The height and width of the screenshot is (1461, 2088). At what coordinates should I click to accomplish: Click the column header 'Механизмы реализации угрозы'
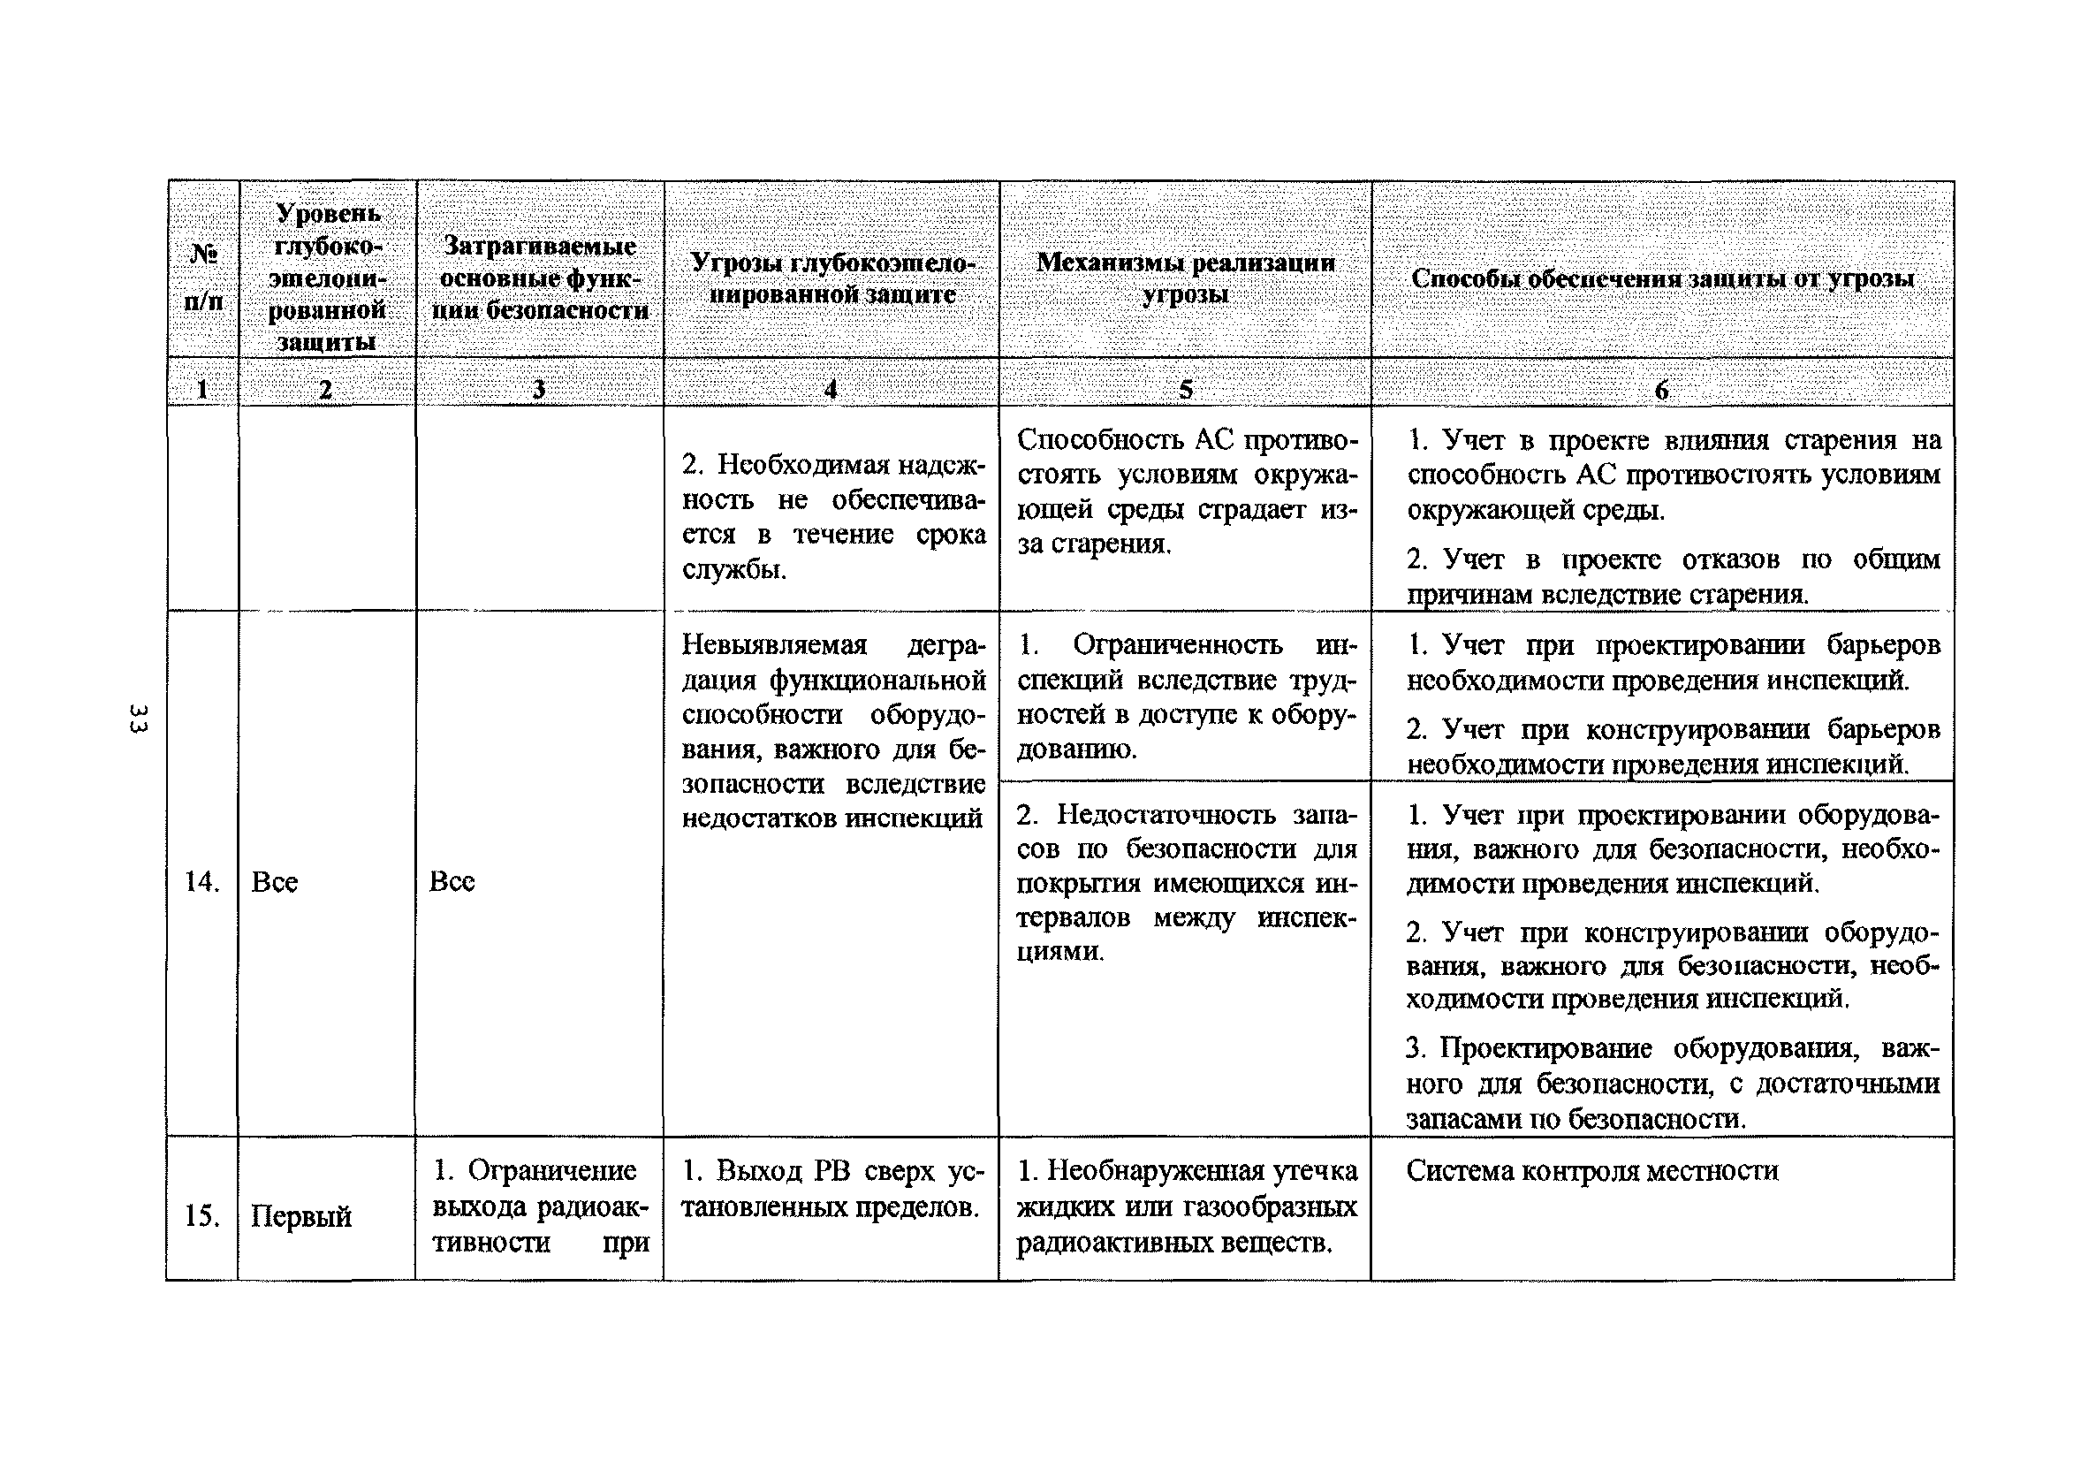point(1185,278)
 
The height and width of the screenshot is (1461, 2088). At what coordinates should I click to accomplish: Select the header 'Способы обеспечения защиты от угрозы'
point(1661,278)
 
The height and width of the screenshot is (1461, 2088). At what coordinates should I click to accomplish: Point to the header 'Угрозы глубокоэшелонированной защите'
point(831,278)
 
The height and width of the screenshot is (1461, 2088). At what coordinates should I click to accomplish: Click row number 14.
point(201,880)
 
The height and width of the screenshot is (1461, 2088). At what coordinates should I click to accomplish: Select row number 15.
point(201,1215)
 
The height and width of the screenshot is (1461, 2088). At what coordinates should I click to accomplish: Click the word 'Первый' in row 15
point(301,1216)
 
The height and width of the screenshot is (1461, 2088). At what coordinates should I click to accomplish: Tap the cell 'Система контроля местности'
point(1591,1170)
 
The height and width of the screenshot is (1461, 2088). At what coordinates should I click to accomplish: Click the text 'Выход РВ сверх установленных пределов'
point(831,1188)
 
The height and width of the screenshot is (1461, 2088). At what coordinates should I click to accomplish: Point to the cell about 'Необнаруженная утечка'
point(1186,1206)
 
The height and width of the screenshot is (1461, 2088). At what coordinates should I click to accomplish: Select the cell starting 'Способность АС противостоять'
point(1186,491)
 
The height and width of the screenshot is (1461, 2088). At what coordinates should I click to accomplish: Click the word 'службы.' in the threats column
point(734,570)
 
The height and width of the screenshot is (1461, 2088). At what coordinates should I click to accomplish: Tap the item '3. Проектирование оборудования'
point(1672,1083)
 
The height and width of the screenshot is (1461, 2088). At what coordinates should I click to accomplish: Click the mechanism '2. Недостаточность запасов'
point(1186,882)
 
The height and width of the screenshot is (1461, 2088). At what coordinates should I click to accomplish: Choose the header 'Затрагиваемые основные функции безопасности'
point(540,278)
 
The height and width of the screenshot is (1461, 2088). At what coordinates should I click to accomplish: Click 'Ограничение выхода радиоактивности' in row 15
point(540,1206)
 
